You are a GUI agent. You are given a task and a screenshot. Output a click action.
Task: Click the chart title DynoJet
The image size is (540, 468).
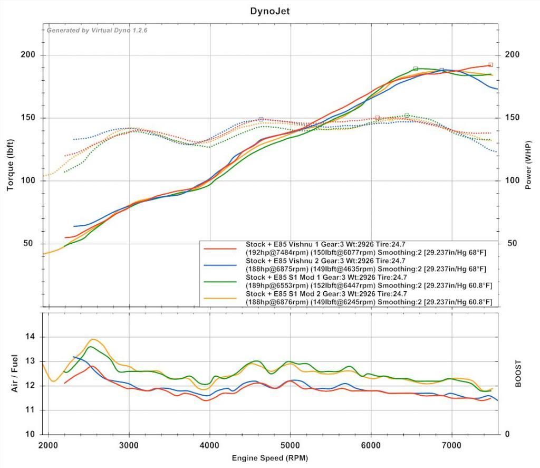[269, 10]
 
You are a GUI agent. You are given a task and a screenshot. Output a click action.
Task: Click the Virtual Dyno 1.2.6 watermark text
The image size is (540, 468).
[97, 30]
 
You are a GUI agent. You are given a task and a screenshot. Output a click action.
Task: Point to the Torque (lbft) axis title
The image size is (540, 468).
[10, 165]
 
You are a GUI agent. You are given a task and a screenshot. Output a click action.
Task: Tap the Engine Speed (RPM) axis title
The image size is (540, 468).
[269, 457]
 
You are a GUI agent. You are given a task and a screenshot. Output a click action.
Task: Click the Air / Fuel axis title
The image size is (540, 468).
[15, 373]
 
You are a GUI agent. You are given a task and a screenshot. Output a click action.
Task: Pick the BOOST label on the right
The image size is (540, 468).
[518, 374]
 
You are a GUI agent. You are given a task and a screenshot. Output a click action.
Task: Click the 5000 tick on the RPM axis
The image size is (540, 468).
[290, 445]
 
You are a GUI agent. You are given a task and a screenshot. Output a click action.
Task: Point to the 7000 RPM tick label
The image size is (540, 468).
[451, 445]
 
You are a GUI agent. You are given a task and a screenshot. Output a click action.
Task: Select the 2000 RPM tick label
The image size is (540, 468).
[49, 445]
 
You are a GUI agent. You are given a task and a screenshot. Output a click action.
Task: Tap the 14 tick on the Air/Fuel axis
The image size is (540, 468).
[31, 337]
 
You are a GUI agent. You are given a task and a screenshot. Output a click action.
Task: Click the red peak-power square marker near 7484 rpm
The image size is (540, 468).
[490, 65]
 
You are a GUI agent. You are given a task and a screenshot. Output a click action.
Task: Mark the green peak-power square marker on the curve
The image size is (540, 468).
[416, 69]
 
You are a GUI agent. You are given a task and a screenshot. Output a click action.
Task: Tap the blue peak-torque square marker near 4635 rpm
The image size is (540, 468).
[261, 119]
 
